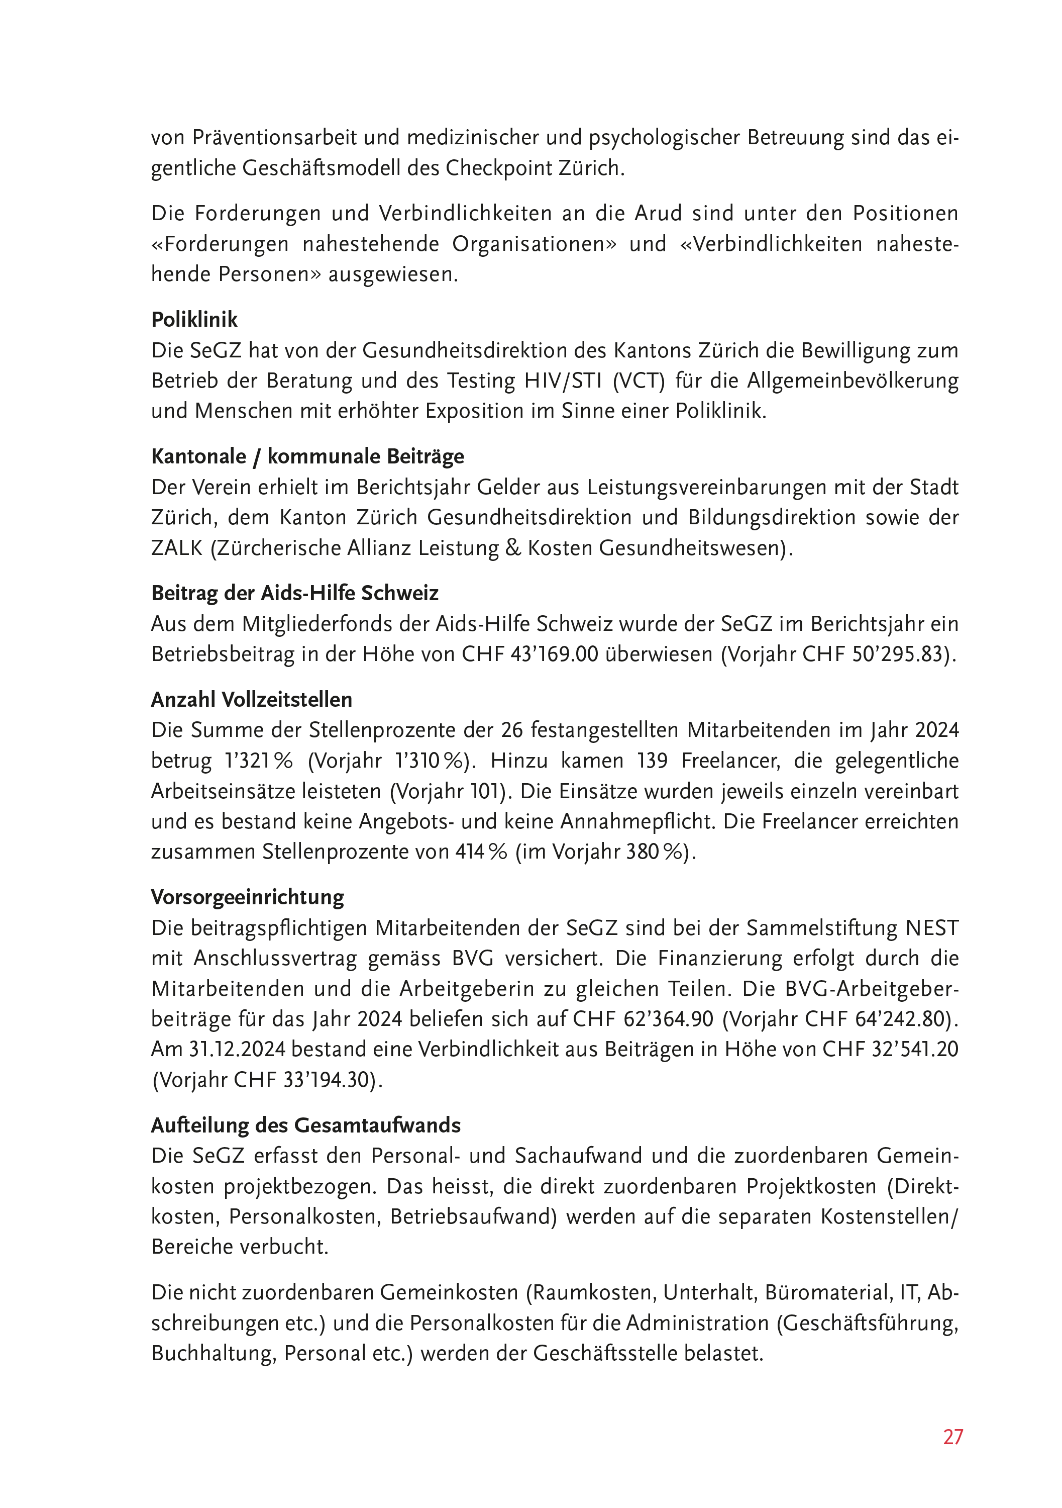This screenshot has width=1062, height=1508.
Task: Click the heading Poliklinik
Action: click(194, 320)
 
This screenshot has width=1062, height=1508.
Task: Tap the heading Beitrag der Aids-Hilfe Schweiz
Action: click(295, 593)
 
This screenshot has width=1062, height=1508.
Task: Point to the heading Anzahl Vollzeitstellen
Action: click(251, 700)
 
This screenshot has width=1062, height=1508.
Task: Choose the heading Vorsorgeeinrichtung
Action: click(248, 897)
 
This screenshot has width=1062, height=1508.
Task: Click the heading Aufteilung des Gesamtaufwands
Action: click(306, 1125)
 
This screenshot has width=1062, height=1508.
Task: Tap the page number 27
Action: click(953, 1437)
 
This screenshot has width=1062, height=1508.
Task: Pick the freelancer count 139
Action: click(653, 761)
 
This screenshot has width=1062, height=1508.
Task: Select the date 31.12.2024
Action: click(238, 1050)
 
